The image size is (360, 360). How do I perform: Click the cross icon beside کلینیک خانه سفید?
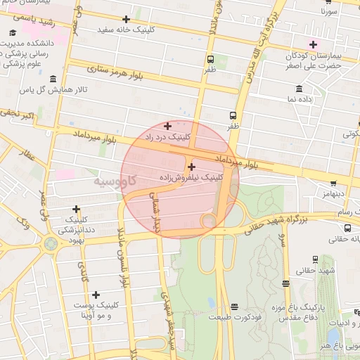pos(126,19)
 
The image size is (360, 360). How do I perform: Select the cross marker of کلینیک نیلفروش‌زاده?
pos(191,167)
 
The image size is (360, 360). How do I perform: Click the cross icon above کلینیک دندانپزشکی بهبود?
pos(76,209)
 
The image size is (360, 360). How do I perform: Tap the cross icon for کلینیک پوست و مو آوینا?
pos(96,295)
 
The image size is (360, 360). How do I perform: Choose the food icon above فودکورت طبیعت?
pos(233,307)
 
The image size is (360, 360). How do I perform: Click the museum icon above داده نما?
pos(300,89)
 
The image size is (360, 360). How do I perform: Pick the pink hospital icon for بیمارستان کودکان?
pos(313,44)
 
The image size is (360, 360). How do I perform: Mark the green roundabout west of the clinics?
pos(51,244)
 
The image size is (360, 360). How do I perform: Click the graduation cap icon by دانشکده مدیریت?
pos(14,33)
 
